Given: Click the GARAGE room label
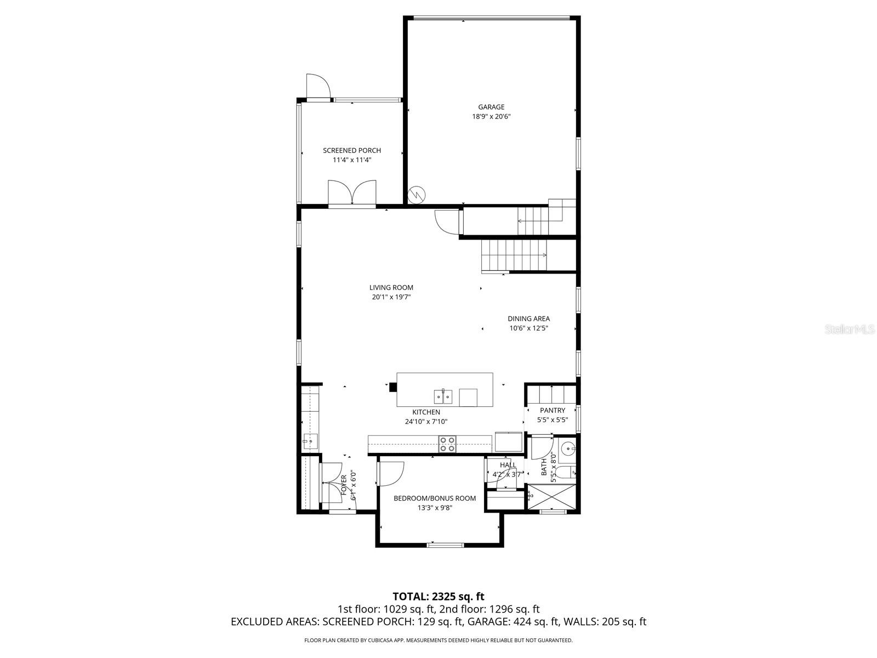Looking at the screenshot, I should click(491, 107).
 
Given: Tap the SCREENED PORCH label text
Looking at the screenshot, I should click(351, 150).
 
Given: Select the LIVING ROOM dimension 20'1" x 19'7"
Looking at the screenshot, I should click(391, 297).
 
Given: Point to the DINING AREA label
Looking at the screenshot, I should click(528, 319).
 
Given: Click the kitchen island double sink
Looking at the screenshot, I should click(443, 395).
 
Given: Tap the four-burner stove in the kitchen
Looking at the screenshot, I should click(447, 444).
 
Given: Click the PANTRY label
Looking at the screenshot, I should click(552, 410).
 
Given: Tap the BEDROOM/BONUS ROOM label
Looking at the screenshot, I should click(435, 498).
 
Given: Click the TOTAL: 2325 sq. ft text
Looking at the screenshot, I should click(438, 596).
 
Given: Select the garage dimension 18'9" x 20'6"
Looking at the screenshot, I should click(491, 117).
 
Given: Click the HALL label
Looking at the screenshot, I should click(508, 465).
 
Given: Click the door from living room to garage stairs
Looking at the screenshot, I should click(447, 222).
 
